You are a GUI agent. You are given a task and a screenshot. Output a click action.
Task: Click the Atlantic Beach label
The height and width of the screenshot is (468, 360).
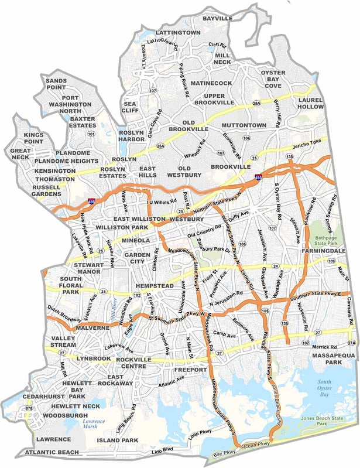click(x=52, y=452)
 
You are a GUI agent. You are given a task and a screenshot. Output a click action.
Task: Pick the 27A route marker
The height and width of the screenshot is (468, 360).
click(x=352, y=343)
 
